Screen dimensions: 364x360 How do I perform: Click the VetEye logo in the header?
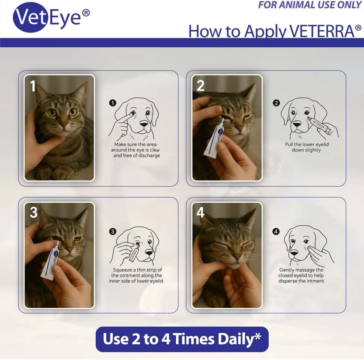point(51,17)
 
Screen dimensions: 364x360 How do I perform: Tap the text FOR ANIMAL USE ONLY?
point(310,5)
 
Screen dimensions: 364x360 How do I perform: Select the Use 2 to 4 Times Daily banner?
point(182,339)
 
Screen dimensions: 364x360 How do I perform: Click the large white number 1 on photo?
point(33,86)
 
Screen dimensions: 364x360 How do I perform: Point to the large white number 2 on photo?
point(200,86)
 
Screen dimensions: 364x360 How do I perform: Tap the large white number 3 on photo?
point(34,212)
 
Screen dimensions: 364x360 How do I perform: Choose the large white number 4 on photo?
point(200,212)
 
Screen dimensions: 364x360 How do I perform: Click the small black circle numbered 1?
point(113,103)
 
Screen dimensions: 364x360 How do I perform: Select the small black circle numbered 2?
point(276,103)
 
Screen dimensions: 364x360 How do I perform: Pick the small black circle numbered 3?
point(113,231)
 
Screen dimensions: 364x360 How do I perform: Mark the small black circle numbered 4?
point(276,231)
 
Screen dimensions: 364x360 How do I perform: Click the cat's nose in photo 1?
point(64,125)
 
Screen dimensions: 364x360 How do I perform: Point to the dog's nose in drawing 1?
point(144,124)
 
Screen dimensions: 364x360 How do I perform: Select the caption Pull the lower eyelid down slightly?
point(307,147)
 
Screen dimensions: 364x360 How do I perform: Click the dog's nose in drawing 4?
point(294,252)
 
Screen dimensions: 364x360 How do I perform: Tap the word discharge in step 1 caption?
point(149,155)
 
